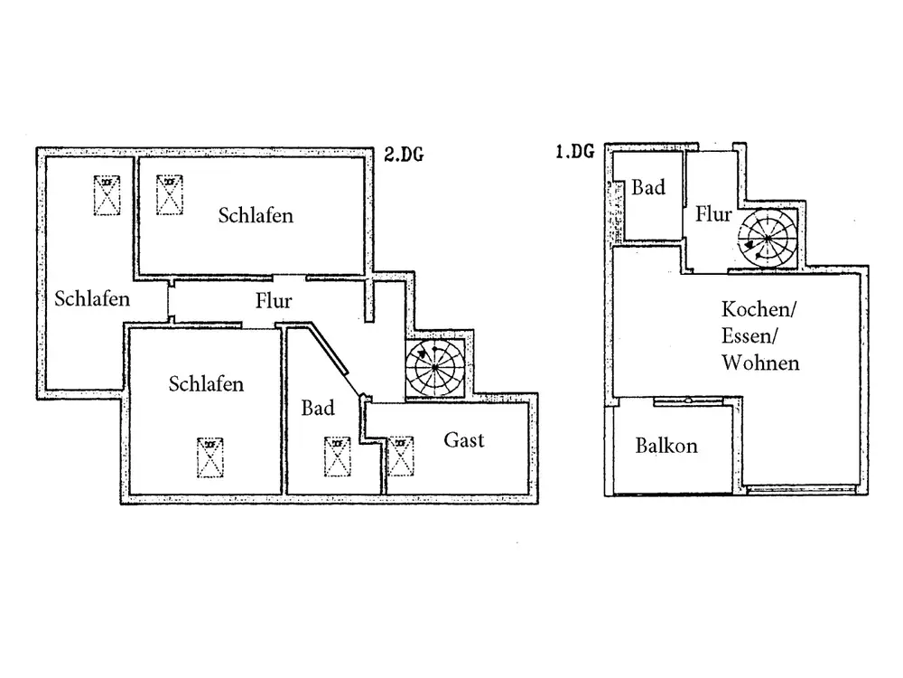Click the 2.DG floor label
(404, 155)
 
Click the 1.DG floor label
(574, 152)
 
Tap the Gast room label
(464, 440)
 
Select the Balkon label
(666, 446)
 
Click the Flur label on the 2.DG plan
(273, 302)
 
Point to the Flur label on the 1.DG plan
(713, 215)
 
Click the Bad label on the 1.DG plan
(648, 188)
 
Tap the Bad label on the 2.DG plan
(318, 409)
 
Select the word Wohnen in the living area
(760, 363)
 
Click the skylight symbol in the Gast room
(400, 457)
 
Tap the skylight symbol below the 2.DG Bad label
(337, 457)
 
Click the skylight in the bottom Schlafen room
(210, 457)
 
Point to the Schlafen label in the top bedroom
(256, 216)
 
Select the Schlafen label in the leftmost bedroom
(91, 298)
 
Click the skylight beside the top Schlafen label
(169, 194)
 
